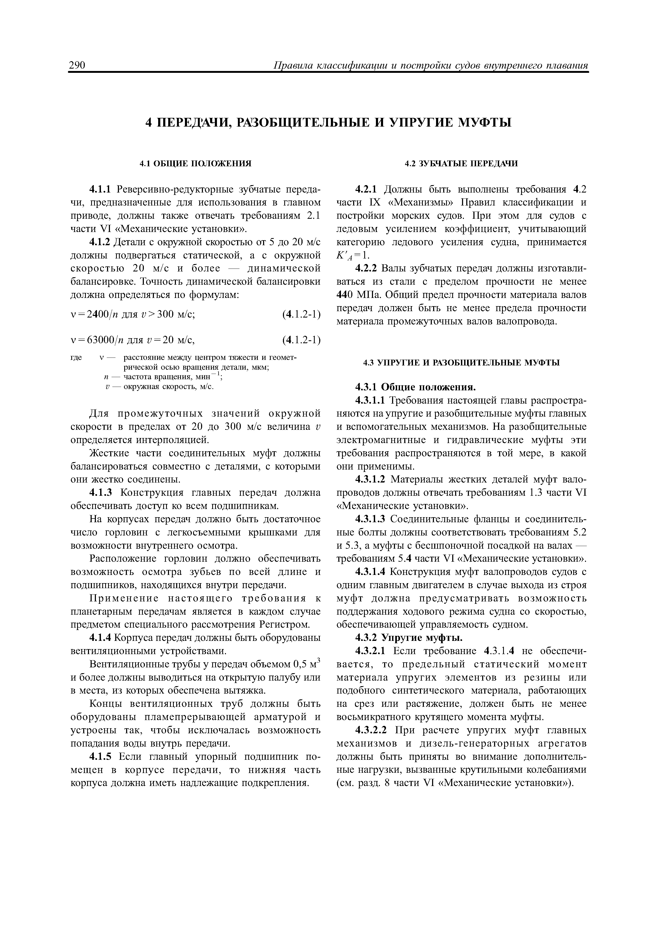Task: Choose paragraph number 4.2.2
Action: click(366, 269)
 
